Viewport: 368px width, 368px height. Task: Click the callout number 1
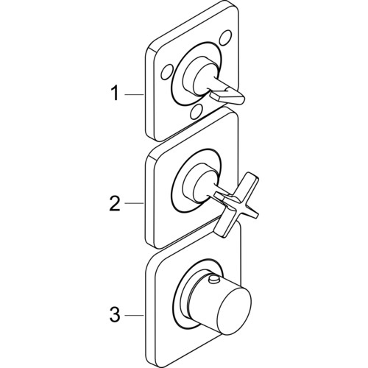pos(115,93)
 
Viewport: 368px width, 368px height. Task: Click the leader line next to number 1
pos(134,94)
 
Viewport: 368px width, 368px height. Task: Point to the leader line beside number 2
pos(134,203)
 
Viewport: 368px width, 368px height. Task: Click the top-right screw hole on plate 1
pos(225,36)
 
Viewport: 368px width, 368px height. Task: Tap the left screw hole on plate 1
pos(167,73)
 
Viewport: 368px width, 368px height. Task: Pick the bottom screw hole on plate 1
pos(196,111)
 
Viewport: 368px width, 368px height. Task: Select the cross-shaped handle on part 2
pos(236,205)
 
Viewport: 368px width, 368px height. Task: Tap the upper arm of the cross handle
pos(250,182)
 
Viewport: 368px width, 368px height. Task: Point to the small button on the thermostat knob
pos(214,280)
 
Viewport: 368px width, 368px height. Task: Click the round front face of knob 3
pos(235,311)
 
